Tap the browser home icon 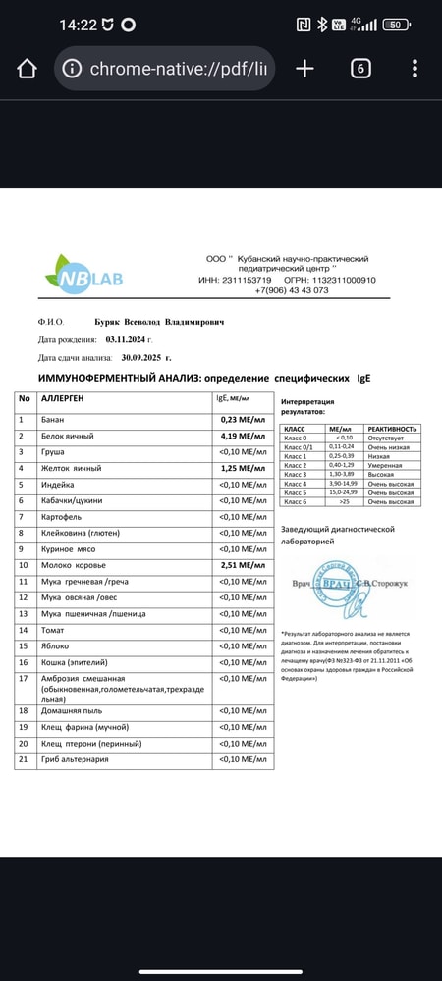click(x=27, y=69)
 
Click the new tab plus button click(x=304, y=69)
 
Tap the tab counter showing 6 click(x=360, y=69)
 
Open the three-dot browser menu click(x=415, y=69)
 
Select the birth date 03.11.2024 click(x=131, y=339)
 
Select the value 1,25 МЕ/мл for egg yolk click(x=242, y=468)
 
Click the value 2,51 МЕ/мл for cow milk click(x=242, y=565)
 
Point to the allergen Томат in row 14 click(x=54, y=629)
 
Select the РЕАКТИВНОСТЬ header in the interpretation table click(x=392, y=429)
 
